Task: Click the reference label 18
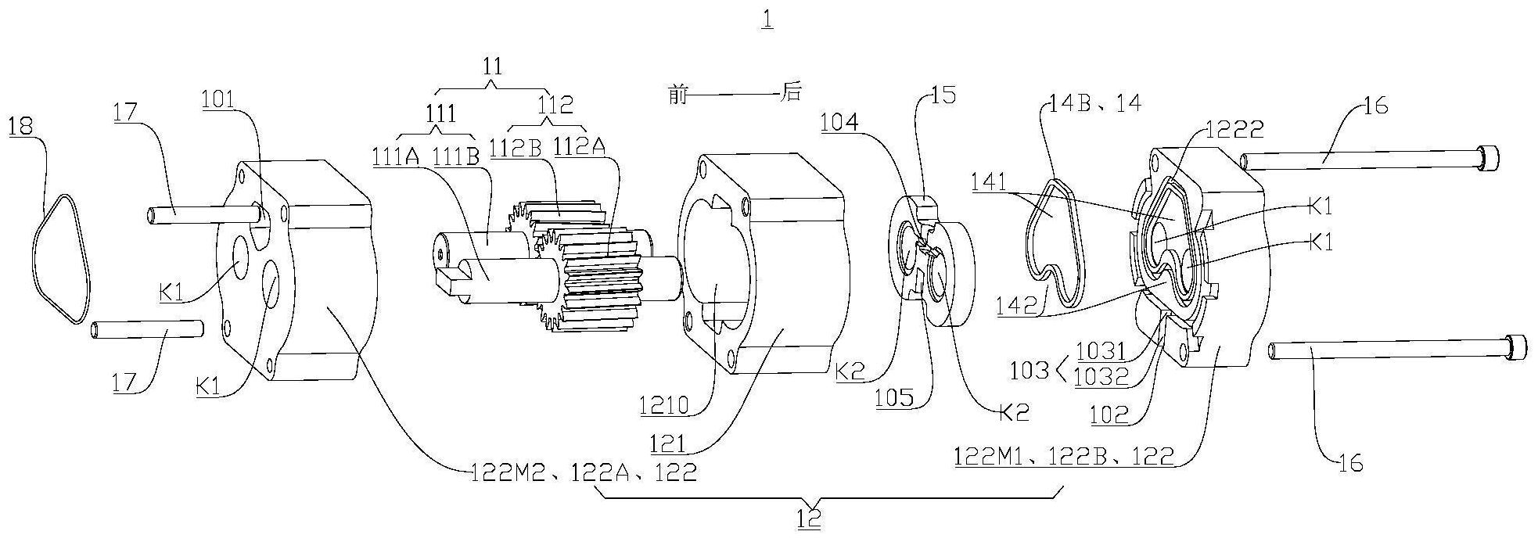click(20, 127)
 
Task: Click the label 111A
click(396, 157)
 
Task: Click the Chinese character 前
click(678, 95)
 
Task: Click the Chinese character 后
click(791, 93)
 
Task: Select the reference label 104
click(839, 121)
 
